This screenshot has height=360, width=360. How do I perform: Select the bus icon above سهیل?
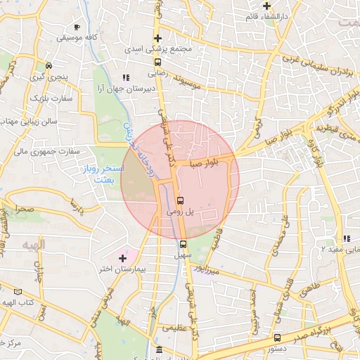(183, 244)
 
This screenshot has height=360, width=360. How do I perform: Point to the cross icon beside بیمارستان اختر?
(123, 259)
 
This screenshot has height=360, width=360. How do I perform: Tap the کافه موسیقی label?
(77, 37)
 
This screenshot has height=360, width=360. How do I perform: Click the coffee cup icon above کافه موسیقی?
(77, 27)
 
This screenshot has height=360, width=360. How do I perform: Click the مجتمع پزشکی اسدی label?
(156, 50)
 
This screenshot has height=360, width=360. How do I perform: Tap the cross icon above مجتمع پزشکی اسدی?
(158, 39)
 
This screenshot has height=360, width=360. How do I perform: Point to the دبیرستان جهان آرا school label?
(125, 89)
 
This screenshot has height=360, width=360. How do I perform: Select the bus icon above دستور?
(278, 337)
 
